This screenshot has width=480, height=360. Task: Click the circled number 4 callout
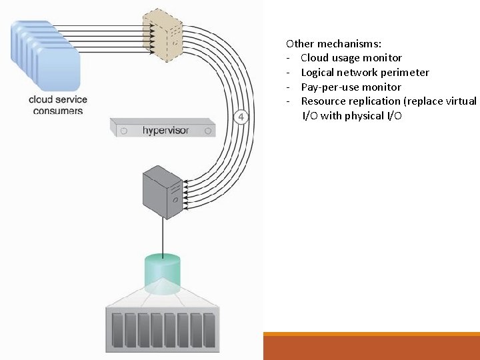[241, 117]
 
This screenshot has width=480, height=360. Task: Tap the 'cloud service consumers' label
[57, 105]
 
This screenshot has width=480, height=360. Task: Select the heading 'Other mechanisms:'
[333, 43]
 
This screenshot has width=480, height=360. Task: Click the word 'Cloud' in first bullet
[314, 58]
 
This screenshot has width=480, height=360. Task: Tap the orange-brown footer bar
[371, 347]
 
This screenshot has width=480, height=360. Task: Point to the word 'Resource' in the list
[323, 101]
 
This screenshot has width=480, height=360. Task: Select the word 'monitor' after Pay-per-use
[380, 87]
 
